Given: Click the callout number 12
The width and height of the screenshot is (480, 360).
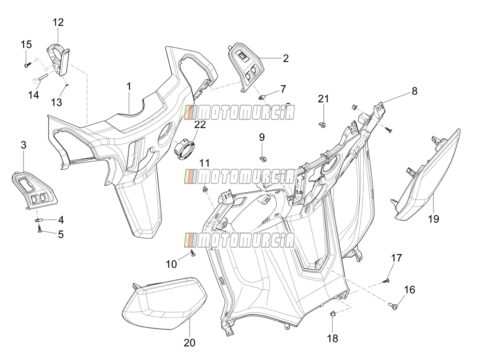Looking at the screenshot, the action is pos(58,22).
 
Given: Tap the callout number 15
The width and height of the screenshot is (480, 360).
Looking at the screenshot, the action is pos(26,44).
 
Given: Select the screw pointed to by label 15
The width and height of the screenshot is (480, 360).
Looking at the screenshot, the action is pos(27,65).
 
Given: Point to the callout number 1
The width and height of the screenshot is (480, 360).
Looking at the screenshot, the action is pos(129,86).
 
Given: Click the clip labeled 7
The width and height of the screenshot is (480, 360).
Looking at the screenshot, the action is pos(262,97).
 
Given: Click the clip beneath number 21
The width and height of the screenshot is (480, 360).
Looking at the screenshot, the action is pos(322,125).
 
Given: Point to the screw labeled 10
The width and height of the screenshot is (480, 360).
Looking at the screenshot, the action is pos(193,253).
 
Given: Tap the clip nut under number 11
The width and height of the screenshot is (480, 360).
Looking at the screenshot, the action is pos(205,189).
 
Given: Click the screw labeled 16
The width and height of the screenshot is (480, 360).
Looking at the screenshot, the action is pos(393,306).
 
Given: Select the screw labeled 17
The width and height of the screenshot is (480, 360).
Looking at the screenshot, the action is pos(386,281).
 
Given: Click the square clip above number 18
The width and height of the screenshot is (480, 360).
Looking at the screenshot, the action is pos(332,314).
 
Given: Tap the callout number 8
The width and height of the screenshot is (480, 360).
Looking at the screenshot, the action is pos(414,91).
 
